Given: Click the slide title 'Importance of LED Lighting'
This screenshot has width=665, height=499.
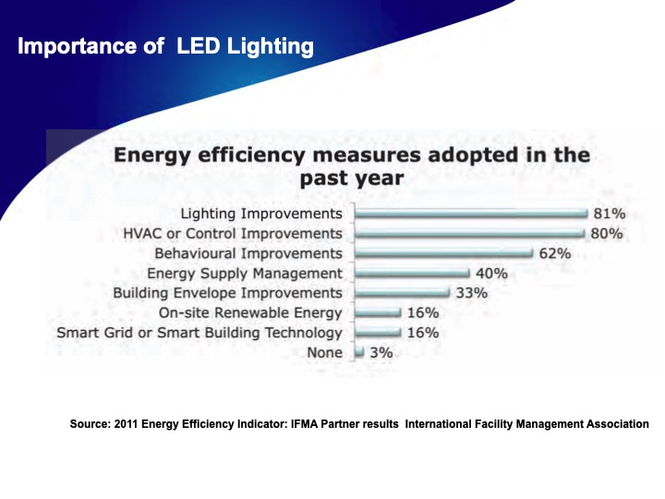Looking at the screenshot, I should coord(165,46).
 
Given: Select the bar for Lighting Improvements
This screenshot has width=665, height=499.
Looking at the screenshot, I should coord(471,213).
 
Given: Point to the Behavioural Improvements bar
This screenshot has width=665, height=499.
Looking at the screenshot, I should coord(444,253).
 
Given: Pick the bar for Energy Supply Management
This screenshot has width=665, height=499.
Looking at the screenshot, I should coord(413,274).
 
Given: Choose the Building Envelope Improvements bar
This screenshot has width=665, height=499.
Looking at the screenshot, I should coord(403,293).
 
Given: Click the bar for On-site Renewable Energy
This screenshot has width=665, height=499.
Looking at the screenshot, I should coord(378,313).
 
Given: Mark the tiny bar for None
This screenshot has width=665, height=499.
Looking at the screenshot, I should coord(359,352).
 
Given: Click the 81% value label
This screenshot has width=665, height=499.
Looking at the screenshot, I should coord(609,213).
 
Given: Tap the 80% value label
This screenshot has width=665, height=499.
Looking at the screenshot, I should coord(606,234).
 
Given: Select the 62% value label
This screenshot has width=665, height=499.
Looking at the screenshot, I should coord(555,253).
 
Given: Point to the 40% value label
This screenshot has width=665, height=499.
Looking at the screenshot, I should coord(491,274).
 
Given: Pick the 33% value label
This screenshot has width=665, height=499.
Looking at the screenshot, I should coord(471,293).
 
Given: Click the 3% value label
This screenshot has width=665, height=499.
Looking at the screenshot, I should coord(381,352).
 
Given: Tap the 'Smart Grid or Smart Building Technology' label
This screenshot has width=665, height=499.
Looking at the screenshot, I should coord(199,333).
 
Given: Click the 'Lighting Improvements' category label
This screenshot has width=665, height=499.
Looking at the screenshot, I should coord(261,214).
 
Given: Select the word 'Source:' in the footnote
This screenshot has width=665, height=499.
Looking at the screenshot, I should coord(89,424).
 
